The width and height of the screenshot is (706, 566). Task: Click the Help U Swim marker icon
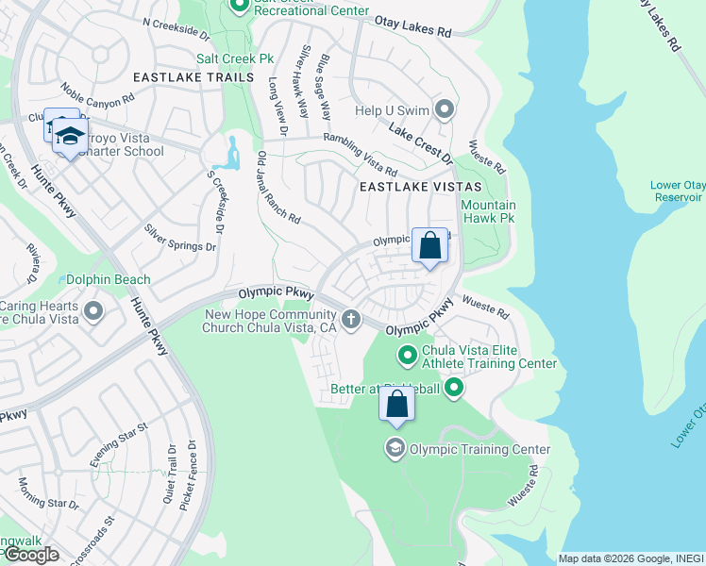tap(444, 110)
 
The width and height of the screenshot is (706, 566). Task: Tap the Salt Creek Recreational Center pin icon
tap(239, 7)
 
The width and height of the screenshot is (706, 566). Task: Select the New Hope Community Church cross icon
tap(351, 320)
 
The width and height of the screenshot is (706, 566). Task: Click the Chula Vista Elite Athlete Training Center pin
tap(408, 356)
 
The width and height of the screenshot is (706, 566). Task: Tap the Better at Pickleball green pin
tap(454, 388)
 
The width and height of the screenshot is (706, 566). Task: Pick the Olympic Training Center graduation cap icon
tap(395, 448)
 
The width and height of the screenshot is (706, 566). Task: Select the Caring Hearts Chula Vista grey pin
tap(93, 310)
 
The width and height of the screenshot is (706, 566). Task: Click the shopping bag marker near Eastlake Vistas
tap(429, 246)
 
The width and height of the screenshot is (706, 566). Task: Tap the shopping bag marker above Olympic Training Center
tap(397, 405)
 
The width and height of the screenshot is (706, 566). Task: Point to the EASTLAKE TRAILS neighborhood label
tap(193, 76)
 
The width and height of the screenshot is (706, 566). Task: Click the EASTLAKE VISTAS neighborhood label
tap(420, 188)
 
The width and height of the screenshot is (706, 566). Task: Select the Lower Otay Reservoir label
tap(677, 191)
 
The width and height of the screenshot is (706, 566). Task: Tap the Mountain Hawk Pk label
tap(488, 211)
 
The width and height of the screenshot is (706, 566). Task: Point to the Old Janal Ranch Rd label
tap(277, 188)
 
